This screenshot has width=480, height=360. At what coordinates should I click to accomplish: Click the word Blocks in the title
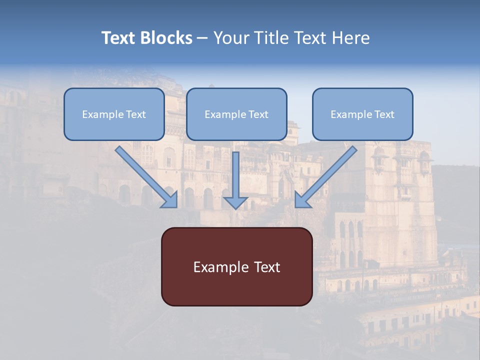pyautogui.click(x=166, y=38)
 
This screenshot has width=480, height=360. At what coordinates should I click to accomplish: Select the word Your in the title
pyautogui.click(x=233, y=38)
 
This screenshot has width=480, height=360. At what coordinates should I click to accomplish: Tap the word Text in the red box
pyautogui.click(x=267, y=267)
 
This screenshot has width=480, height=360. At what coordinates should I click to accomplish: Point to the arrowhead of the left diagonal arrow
pyautogui.click(x=170, y=200)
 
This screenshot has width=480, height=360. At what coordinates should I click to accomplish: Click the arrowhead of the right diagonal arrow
pyautogui.click(x=302, y=200)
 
